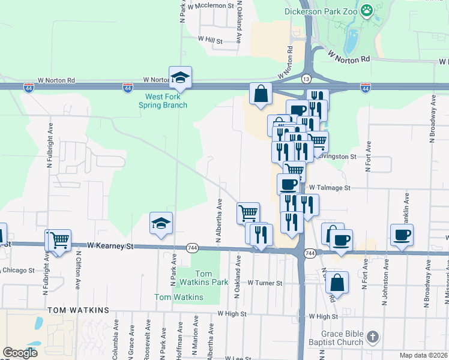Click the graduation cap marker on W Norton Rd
pyautogui.click(x=180, y=77)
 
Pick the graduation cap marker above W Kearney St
pyautogui.click(x=161, y=223)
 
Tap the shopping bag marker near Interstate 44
pyautogui.click(x=261, y=94)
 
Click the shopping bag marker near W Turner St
pyautogui.click(x=338, y=283)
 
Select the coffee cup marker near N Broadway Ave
pyautogui.click(x=402, y=235)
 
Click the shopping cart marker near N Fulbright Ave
pyautogui.click(x=59, y=241)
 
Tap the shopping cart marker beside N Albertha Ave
pyautogui.click(x=248, y=212)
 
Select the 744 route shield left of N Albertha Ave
pyautogui.click(x=192, y=247)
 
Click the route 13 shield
pyautogui.click(x=306, y=79)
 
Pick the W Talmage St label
pyautogui.click(x=330, y=188)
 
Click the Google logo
pyautogui.click(x=20, y=353)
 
